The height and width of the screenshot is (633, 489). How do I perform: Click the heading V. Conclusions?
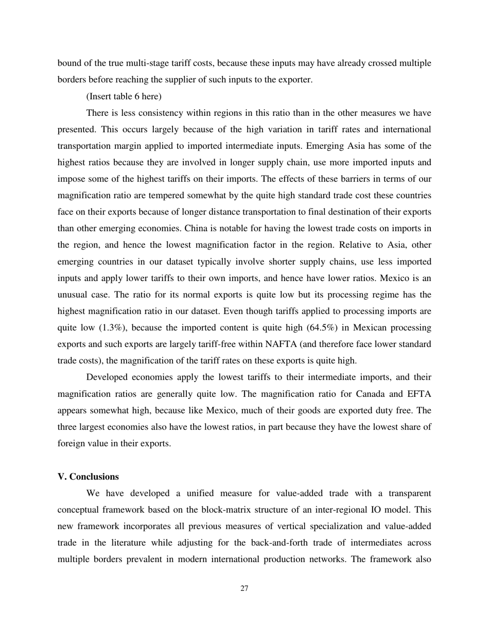tap(88, 477)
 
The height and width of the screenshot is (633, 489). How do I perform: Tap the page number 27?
tap(244, 589)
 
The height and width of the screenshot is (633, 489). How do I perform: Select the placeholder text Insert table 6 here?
tap(124, 96)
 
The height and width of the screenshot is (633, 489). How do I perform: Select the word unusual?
tap(74, 295)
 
